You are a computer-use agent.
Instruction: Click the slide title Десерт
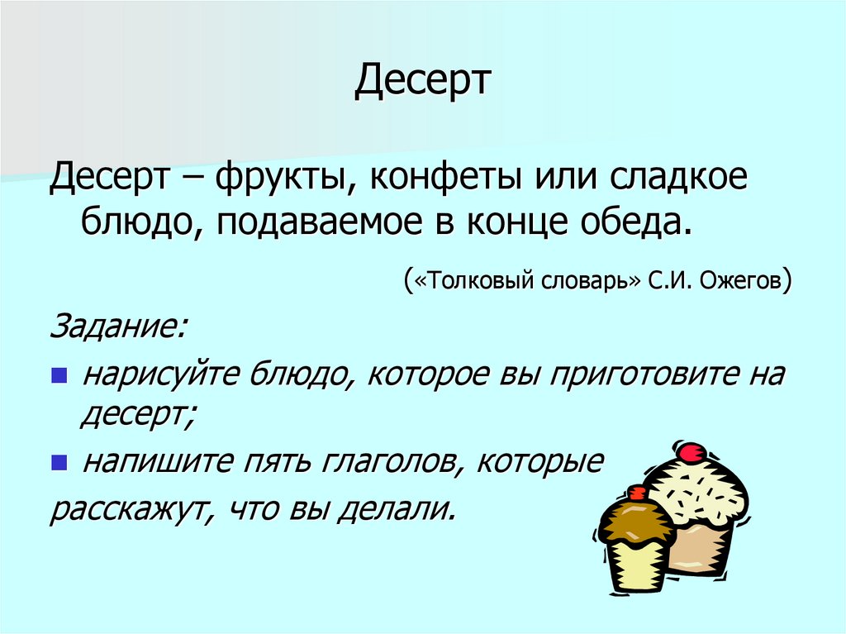tap(423, 82)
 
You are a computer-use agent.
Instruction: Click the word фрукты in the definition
tap(273, 179)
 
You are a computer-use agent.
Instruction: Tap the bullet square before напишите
tap(58, 462)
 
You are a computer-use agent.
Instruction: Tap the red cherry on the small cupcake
tap(635, 493)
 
